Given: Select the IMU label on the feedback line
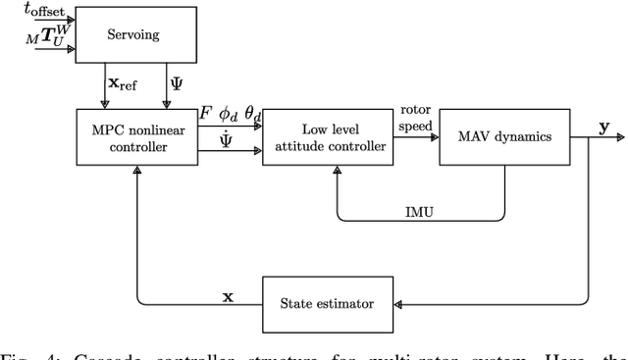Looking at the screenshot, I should point(421,210).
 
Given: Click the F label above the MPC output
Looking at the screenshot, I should point(204,114).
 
